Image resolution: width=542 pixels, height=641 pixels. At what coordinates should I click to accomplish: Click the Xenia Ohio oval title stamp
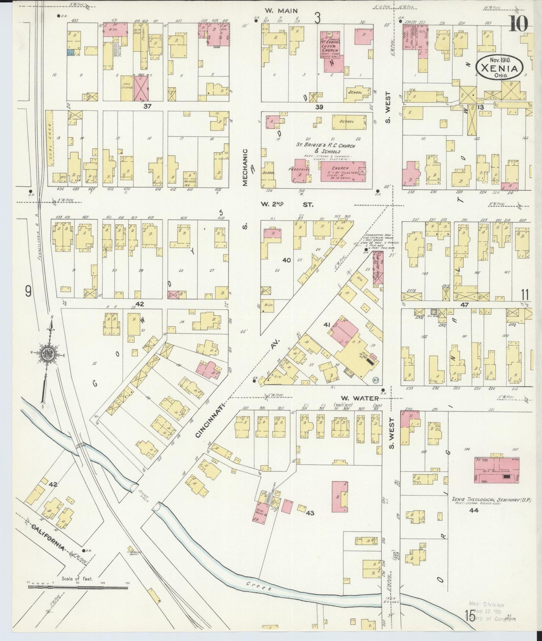coord(500,67)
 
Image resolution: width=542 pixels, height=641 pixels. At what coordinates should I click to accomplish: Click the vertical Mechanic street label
coord(245,167)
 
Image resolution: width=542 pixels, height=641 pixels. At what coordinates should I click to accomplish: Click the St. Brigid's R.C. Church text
coord(325,146)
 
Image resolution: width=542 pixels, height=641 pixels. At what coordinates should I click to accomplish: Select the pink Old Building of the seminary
coord(497,470)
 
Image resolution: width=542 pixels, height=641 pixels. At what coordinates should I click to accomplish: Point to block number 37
coord(147,106)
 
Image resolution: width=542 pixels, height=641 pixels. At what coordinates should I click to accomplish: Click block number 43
coord(309,513)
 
